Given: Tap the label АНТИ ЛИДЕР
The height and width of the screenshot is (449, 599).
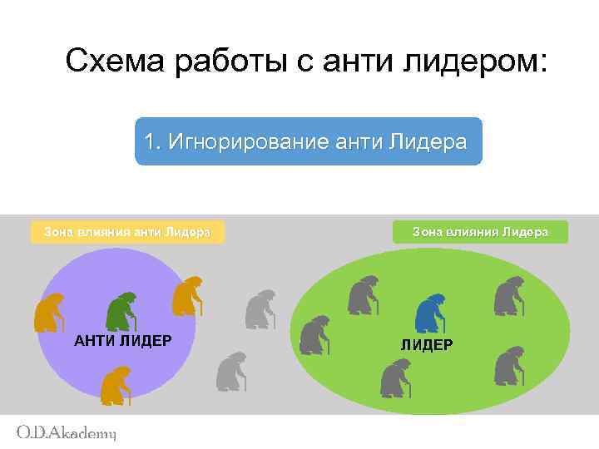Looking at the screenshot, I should coord(123,341).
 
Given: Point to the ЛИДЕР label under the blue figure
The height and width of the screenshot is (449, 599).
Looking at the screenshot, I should coord(427,344).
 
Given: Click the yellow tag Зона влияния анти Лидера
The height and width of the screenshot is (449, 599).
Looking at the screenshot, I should coord(126,232).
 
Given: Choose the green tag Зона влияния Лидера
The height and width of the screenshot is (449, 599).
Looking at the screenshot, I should coord(480,232).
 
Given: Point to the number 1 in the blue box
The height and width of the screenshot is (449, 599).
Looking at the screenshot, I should coord(149,141).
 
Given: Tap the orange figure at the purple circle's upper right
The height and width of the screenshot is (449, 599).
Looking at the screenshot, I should coord(187,295).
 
